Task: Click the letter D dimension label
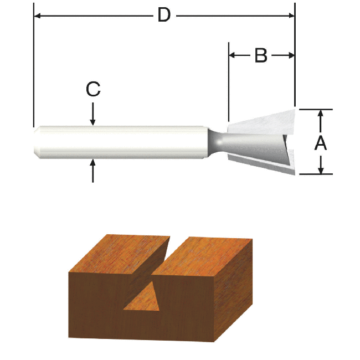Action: click(x=163, y=16)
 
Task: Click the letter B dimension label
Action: click(x=261, y=55)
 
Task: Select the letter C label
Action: click(x=92, y=89)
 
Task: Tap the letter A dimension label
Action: click(x=320, y=143)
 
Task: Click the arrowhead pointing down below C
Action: click(x=92, y=121)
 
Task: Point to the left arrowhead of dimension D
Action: click(x=38, y=16)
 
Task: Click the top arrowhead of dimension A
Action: click(x=320, y=114)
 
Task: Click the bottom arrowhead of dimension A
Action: click(x=320, y=169)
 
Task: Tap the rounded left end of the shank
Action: click(x=37, y=142)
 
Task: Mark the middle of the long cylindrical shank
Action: click(x=119, y=142)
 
